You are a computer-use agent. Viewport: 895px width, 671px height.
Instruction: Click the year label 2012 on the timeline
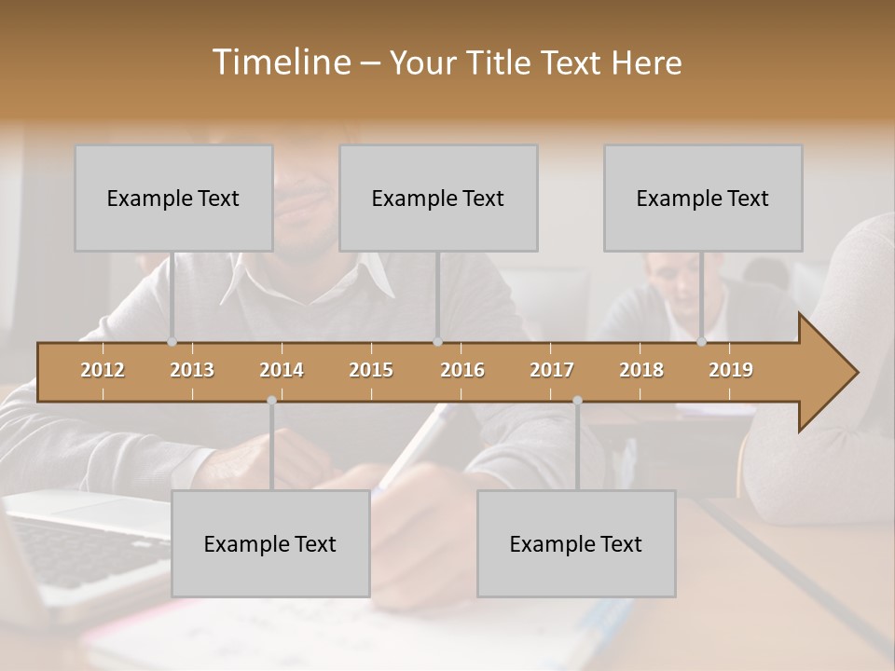[103, 370]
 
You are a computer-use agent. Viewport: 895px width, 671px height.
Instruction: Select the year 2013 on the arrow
[192, 370]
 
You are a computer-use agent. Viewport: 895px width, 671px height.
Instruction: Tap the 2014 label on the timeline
[282, 370]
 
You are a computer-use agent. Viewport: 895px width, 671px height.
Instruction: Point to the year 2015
[371, 370]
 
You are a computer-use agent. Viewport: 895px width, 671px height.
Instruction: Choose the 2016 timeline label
[462, 370]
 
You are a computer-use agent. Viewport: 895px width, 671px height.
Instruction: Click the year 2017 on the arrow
[552, 370]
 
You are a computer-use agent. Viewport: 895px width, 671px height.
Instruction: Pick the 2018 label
[641, 370]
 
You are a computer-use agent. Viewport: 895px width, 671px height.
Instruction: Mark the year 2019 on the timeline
[731, 370]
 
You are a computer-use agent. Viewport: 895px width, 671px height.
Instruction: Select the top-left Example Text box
[173, 198]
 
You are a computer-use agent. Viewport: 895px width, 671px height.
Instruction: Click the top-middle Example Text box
[438, 198]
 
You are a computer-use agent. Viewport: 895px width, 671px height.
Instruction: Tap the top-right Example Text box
[703, 198]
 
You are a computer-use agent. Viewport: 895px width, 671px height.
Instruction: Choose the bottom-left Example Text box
[270, 543]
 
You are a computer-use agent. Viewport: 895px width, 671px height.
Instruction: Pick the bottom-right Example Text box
[576, 543]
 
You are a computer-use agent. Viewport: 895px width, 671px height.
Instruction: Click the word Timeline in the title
[280, 62]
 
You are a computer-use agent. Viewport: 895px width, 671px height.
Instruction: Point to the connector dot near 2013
[172, 342]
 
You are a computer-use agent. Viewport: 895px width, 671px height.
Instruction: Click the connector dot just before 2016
[438, 342]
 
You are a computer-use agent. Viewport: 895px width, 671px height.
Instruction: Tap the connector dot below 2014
[271, 401]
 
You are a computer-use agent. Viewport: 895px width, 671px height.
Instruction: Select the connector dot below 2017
[577, 401]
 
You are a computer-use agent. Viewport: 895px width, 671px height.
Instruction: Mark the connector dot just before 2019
[702, 342]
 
